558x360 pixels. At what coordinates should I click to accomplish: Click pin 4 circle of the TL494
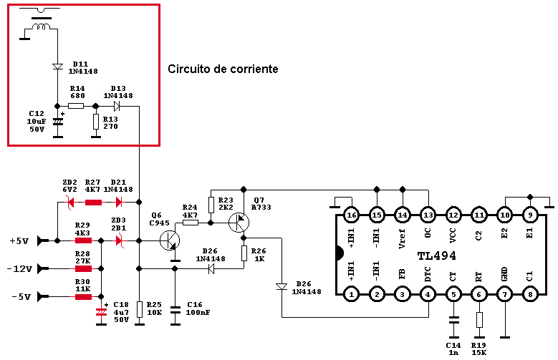(428, 294)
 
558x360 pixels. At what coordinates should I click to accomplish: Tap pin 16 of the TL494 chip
(351, 215)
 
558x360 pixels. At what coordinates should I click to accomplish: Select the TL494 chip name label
(436, 256)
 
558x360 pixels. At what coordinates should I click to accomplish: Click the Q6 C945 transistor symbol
(170, 240)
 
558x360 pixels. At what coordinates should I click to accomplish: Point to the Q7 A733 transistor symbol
(239, 223)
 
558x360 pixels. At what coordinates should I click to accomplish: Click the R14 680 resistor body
(76, 106)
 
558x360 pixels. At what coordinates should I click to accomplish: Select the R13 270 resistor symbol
(96, 122)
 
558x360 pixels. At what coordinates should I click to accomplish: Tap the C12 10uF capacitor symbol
(57, 122)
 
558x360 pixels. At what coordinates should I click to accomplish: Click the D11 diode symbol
(57, 67)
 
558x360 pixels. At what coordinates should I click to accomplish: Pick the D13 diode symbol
(116, 106)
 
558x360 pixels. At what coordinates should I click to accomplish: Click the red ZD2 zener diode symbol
(70, 203)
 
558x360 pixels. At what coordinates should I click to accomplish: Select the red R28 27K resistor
(83, 268)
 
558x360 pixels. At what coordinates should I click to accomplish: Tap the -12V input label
(19, 269)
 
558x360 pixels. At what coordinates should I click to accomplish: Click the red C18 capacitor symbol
(102, 312)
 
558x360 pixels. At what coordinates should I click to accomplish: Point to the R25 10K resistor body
(140, 309)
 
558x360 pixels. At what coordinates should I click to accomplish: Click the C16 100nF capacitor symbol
(175, 309)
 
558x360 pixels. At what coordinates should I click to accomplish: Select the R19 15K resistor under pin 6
(479, 320)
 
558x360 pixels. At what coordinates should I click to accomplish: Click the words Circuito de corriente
(223, 69)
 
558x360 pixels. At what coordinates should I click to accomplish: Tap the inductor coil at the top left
(42, 26)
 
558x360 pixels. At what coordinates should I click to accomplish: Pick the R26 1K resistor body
(244, 253)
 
